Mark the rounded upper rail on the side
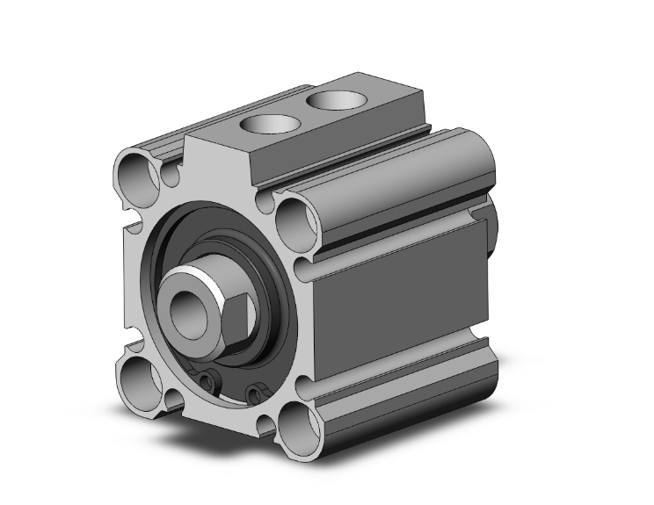coord(396,189)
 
